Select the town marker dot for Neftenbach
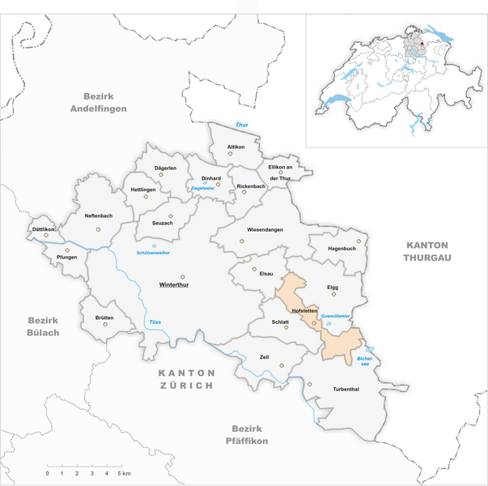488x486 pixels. coord(99,229)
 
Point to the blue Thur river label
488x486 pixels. coord(241,125)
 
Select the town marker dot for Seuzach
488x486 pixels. coord(171,215)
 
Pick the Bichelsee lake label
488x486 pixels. coord(365,360)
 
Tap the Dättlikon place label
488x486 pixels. coord(43,229)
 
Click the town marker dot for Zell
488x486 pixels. coord(281,366)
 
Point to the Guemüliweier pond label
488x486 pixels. coord(335,315)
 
